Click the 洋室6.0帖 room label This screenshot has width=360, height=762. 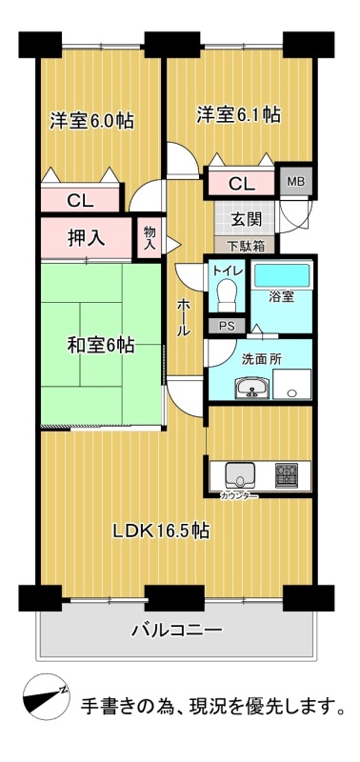[91, 121]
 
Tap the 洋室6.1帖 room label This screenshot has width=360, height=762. [238, 114]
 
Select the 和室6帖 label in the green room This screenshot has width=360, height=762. [101, 346]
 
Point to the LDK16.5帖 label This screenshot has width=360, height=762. [161, 530]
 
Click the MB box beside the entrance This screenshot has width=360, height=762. [296, 183]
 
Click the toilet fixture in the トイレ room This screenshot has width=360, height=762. [228, 295]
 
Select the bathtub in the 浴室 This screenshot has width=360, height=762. [282, 275]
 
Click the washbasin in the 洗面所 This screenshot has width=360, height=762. [251, 388]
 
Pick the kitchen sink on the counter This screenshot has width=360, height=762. [241, 475]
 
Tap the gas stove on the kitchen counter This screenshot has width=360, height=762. [287, 475]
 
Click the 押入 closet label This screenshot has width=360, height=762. [87, 239]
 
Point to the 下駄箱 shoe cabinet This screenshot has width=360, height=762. [247, 246]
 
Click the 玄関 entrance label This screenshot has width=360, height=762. [246, 220]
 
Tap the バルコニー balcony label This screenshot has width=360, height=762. [177, 632]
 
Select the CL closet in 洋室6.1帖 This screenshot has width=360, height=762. [242, 183]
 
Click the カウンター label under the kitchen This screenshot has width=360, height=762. [238, 495]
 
